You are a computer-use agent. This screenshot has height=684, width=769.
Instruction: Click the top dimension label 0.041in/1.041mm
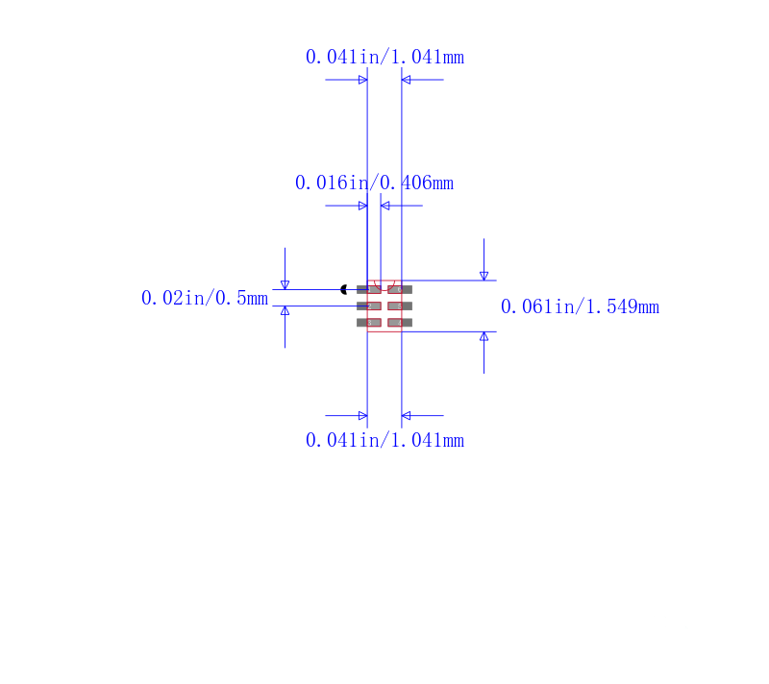(384, 57)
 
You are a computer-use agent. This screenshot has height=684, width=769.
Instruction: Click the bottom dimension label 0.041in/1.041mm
(384, 440)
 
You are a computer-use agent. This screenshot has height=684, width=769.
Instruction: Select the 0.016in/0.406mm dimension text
(374, 183)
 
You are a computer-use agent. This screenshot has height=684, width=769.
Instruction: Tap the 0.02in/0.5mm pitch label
(205, 298)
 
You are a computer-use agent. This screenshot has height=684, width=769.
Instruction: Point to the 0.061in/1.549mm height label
(580, 306)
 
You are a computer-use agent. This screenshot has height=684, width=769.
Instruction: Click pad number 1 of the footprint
(369, 289)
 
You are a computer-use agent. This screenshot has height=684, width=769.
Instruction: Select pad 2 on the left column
(369, 306)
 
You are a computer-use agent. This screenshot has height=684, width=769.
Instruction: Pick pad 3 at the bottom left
(369, 323)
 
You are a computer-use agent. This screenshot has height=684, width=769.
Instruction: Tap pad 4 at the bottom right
(400, 323)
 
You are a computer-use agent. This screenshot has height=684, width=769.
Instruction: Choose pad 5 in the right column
(400, 306)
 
